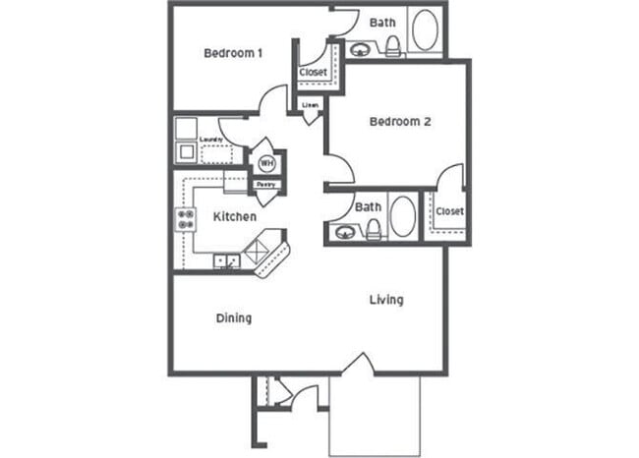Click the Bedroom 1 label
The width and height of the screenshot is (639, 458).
[x=233, y=53]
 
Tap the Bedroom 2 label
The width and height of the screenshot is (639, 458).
[x=400, y=122]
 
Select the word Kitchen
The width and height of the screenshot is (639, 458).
[x=235, y=216]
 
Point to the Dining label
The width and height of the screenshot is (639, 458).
[x=234, y=317]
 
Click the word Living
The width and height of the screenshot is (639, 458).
[x=386, y=299]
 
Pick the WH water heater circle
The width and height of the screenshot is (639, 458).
[x=266, y=163]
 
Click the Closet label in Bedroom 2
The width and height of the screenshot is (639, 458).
[x=449, y=211]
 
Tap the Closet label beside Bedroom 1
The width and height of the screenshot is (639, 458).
[x=314, y=73]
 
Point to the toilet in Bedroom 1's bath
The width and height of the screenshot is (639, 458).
[x=391, y=45]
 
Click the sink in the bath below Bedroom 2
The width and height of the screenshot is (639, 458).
[x=344, y=232]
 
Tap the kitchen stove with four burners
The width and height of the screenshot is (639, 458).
[x=184, y=220]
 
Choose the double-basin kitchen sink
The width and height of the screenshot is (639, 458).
[x=227, y=260]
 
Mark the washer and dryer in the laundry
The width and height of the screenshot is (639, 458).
[x=186, y=141]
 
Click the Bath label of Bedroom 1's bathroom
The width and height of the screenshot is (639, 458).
[x=381, y=22]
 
